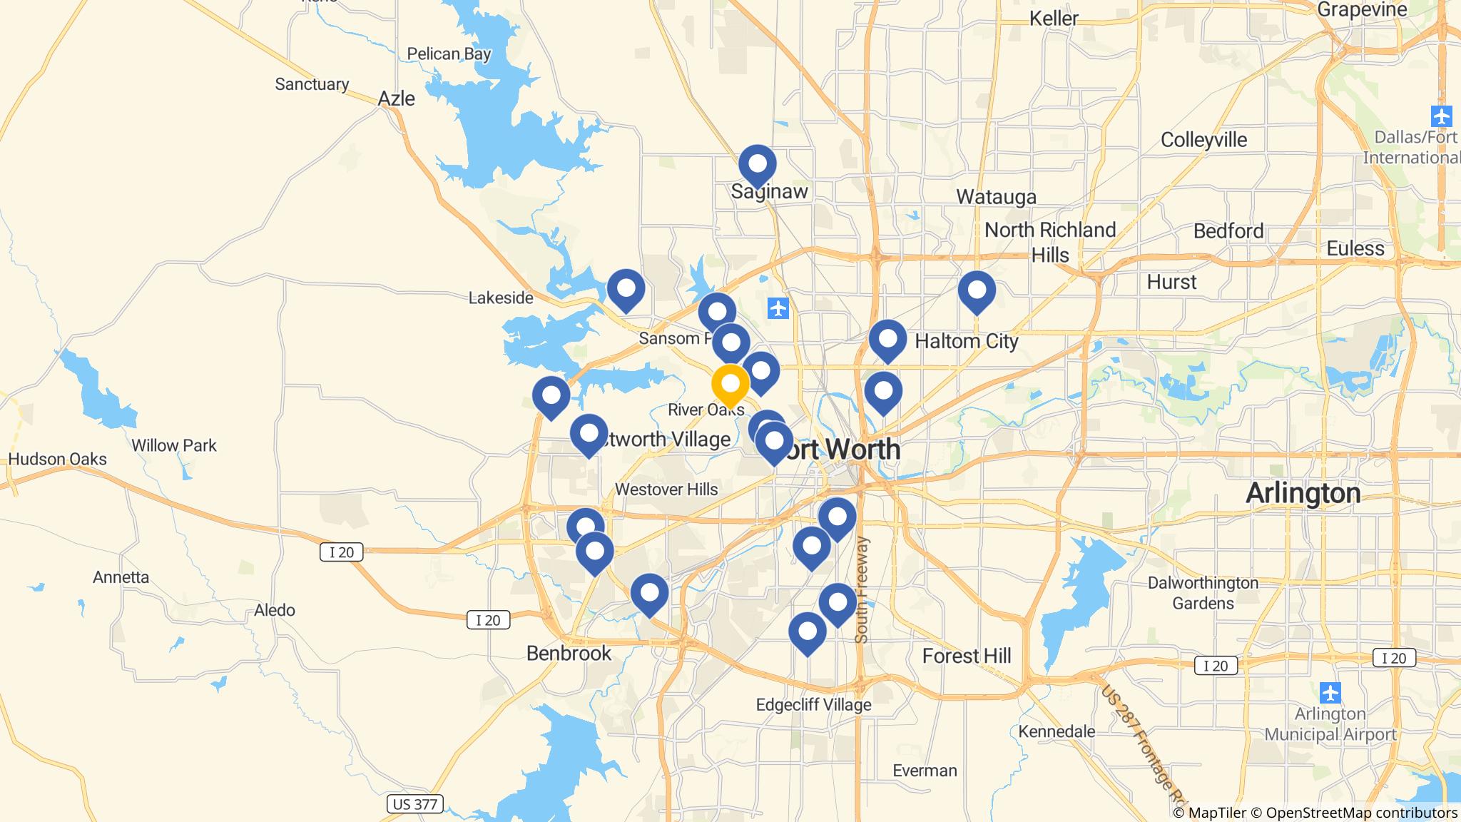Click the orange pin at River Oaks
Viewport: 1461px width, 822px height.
point(730,384)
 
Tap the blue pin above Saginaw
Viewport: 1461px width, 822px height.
point(757,165)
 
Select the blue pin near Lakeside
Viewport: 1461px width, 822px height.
point(626,290)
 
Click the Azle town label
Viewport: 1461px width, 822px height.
point(396,98)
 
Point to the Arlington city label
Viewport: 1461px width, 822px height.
point(1303,494)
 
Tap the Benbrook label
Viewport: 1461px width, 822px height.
point(569,653)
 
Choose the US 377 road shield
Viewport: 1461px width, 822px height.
point(415,804)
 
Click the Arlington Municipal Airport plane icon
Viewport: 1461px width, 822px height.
point(1330,692)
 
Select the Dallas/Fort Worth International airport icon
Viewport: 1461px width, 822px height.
point(1441,116)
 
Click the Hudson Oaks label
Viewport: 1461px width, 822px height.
point(58,459)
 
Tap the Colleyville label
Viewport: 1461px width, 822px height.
point(1203,140)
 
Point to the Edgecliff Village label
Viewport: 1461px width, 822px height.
point(813,705)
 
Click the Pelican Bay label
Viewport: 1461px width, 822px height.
point(449,54)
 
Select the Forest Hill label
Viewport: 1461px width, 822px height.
point(967,656)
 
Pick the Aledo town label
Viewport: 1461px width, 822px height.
point(275,610)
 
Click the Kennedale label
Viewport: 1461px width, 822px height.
point(1057,731)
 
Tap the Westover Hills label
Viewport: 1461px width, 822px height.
point(666,489)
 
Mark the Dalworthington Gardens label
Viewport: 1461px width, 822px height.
point(1203,593)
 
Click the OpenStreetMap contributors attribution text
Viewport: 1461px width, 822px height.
point(1361,813)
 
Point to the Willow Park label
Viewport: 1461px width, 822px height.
point(174,445)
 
